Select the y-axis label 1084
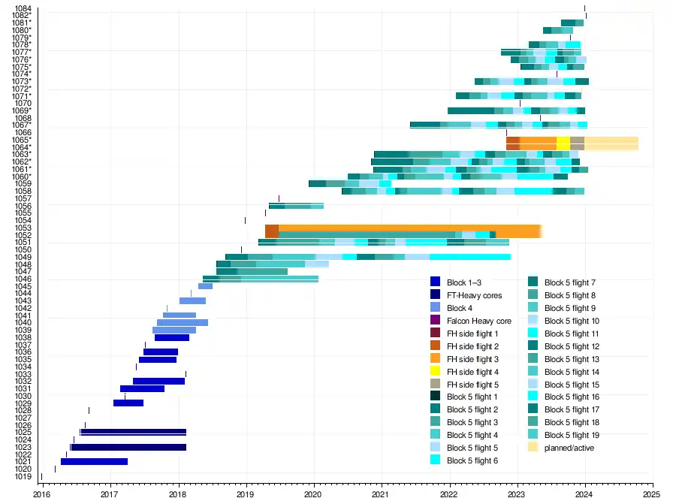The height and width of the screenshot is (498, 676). click(x=23, y=8)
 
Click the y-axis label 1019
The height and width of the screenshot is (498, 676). click(x=23, y=476)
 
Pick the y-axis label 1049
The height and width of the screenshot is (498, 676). click(x=23, y=258)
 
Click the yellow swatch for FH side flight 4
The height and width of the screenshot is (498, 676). click(x=435, y=372)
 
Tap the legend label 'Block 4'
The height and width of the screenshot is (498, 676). click(x=461, y=308)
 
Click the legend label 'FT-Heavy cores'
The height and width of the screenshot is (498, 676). click(x=474, y=295)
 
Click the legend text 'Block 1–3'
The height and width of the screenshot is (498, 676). click(x=463, y=282)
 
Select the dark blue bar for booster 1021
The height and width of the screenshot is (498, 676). click(x=94, y=461)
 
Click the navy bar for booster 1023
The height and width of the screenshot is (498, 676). click(x=128, y=447)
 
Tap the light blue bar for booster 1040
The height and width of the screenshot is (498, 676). click(x=183, y=323)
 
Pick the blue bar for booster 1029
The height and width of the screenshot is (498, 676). click(x=128, y=403)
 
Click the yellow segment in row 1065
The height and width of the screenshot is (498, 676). click(x=563, y=140)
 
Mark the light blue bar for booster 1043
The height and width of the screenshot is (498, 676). click(x=192, y=301)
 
